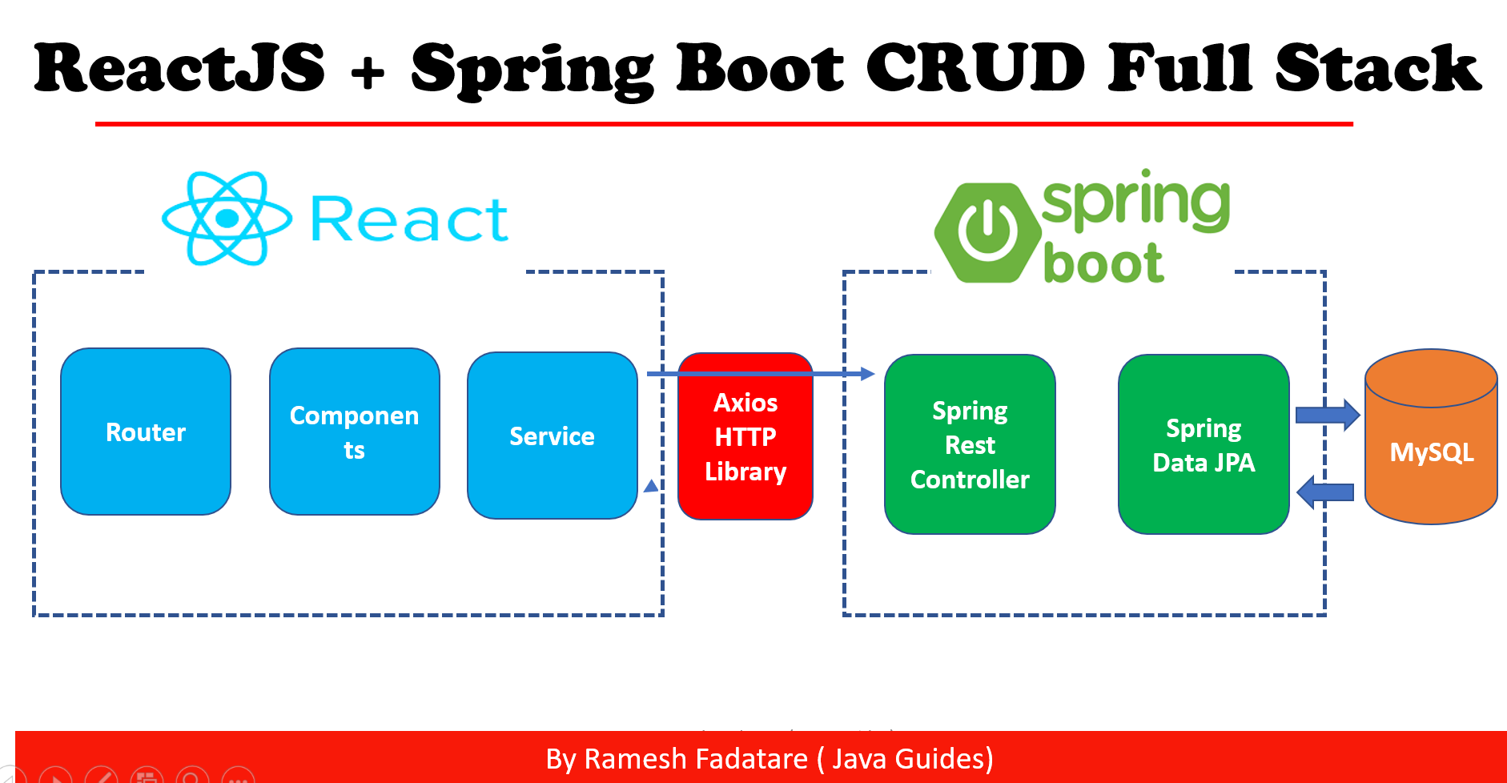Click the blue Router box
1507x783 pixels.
point(146,432)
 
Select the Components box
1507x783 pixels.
point(354,432)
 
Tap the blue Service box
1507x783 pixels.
point(552,436)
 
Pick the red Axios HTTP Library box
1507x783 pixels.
point(745,437)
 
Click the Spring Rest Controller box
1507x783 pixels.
point(970,444)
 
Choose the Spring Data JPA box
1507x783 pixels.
point(1204,444)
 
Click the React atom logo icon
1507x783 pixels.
point(227,218)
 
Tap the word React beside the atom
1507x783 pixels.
point(408,220)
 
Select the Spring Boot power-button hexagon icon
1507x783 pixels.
point(988,232)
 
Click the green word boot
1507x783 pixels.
point(1103,263)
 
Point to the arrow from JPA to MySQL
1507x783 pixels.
point(1328,415)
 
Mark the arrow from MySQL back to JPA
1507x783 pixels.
point(1325,492)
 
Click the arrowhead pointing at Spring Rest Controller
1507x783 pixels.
point(867,374)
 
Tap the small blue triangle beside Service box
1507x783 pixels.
point(651,486)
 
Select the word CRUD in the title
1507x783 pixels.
point(975,68)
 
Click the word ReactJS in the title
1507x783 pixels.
point(180,68)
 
